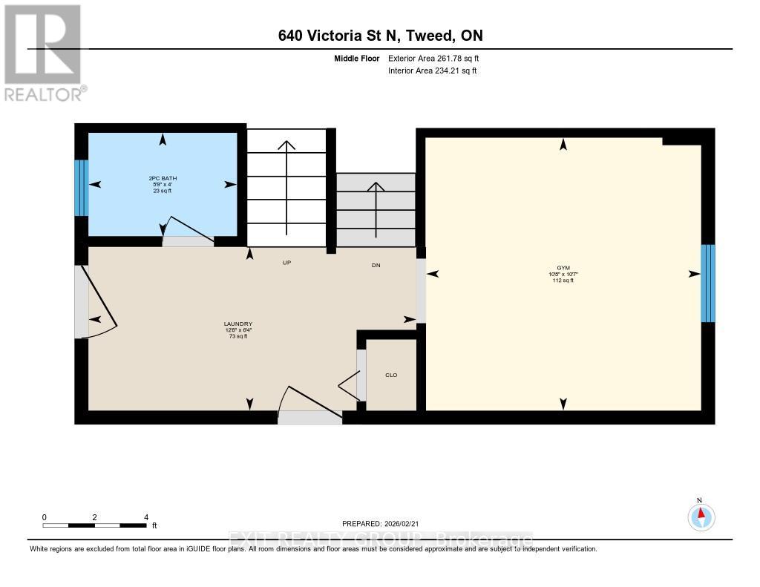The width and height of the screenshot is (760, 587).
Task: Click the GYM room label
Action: click(563, 267)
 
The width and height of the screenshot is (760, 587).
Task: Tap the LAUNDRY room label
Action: click(238, 324)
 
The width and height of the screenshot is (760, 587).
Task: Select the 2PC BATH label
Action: click(163, 178)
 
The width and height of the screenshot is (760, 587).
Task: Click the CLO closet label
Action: click(391, 375)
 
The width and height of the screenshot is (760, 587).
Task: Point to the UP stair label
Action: click(286, 263)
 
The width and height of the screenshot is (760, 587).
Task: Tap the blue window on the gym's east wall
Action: click(708, 283)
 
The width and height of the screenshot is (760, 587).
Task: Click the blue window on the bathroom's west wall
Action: click(82, 188)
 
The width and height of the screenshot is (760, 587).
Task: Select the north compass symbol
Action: click(701, 515)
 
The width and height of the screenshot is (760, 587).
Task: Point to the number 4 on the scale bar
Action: click(146, 517)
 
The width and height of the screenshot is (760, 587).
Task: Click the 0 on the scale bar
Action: click(45, 517)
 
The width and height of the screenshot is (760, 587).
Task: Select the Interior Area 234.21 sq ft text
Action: click(432, 71)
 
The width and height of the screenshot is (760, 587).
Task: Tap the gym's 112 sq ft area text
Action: click(563, 281)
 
